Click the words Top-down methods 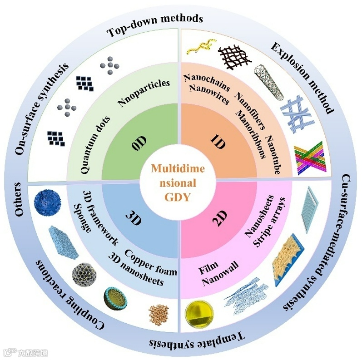[154, 25]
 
